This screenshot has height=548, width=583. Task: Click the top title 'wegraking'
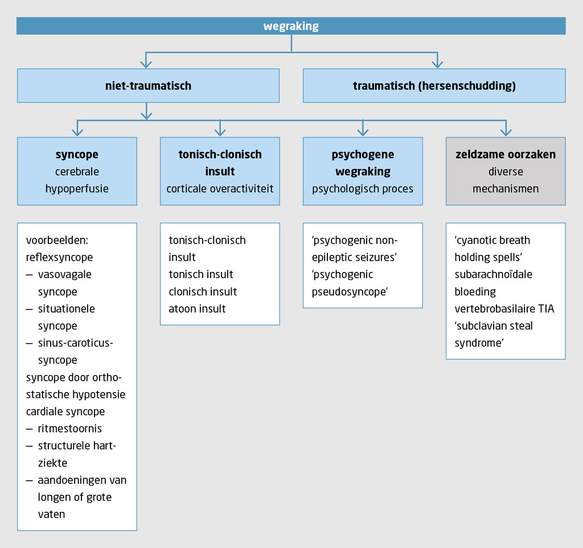(291, 26)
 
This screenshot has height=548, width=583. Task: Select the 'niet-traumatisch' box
(148, 86)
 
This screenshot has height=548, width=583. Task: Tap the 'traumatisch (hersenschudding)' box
(434, 86)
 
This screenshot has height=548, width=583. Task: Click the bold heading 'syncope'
(77, 154)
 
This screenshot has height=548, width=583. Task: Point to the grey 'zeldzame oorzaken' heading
(506, 154)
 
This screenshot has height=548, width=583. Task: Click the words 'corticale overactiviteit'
(220, 188)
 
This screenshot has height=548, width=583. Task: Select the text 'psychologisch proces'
(363, 188)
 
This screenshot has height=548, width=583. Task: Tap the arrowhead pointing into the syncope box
(77, 132)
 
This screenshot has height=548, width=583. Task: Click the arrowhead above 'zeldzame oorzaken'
(506, 132)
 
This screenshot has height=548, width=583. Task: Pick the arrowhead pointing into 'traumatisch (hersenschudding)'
(437, 64)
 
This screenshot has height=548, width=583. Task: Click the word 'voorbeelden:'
(55, 240)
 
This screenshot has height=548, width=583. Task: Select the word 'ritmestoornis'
(70, 428)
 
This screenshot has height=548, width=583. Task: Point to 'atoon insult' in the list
(197, 308)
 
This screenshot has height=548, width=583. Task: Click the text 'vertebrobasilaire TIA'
(504, 308)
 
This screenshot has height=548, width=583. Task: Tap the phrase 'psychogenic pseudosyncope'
(350, 283)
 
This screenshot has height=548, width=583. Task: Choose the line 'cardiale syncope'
(65, 411)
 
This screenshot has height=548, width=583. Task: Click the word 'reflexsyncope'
(59, 257)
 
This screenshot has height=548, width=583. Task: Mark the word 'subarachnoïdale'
(494, 274)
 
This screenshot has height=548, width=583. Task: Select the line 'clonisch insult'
(203, 291)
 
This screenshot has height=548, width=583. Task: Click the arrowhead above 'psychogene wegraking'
(363, 132)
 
